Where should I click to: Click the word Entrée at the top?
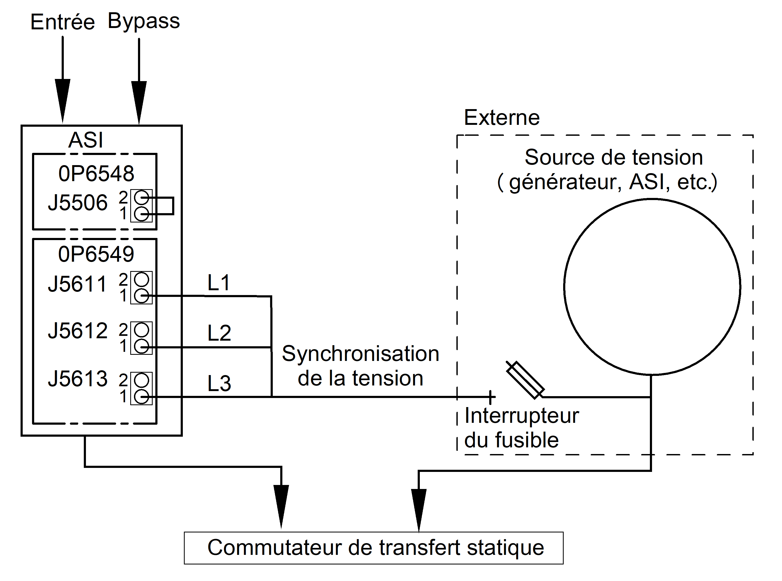point(63,22)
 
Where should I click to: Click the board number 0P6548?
point(96,173)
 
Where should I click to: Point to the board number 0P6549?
point(96,254)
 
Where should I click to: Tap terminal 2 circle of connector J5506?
point(141,197)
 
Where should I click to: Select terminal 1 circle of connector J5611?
point(141,296)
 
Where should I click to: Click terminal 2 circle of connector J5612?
point(141,330)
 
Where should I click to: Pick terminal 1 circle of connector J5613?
point(141,397)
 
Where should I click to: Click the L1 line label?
point(219,282)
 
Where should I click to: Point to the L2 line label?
point(219,333)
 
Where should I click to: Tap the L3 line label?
point(219,383)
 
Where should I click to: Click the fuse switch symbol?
point(525,380)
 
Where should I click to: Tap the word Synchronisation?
point(361,353)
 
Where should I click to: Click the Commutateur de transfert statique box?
point(374,548)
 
